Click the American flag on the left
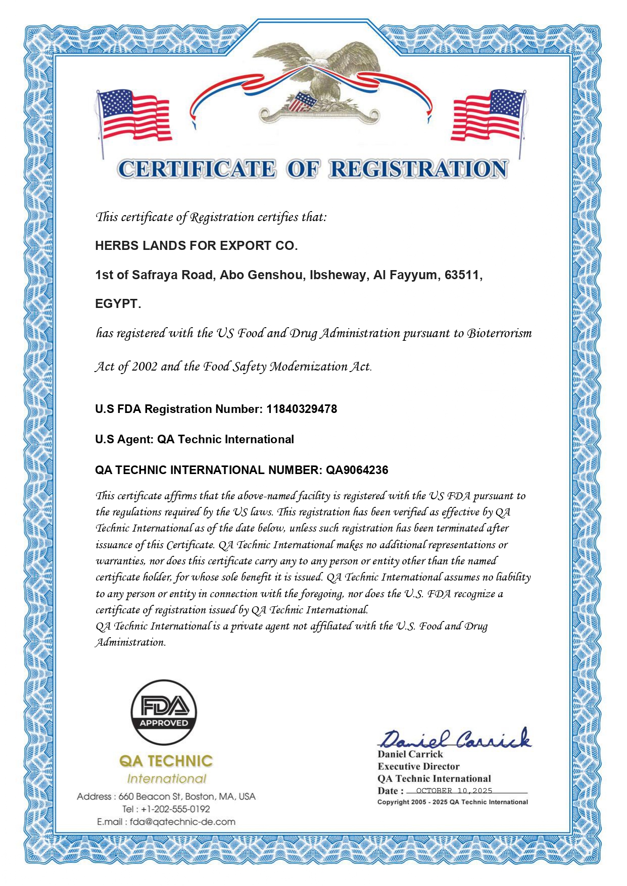[134, 116]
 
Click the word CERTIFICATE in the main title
[197, 170]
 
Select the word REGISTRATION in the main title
[418, 170]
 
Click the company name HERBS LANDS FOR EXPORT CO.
[197, 246]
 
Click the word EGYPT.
[117, 304]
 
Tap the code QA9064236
[357, 470]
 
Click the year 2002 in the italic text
[144, 367]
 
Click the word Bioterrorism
[499, 333]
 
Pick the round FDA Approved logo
[164, 712]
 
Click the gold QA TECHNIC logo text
[166, 761]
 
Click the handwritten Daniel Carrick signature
[455, 739]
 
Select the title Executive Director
[418, 766]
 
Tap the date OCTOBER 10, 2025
[454, 791]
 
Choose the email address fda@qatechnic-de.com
[182, 822]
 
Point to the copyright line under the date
[452, 802]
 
